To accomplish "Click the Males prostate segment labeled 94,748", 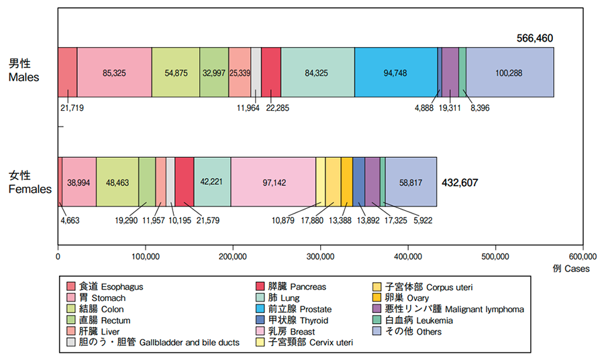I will pos(396,73).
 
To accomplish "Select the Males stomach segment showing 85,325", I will pos(115,73).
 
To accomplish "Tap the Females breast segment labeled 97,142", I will pos(273,181).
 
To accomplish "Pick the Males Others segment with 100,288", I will pos(510,73).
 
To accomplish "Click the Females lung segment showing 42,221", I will pos(212,181).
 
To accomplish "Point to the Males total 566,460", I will pos(534,38).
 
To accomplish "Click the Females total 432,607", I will pos(460,182).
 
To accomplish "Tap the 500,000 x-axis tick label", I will pos(495,256).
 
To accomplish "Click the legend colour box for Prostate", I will pos(261,309).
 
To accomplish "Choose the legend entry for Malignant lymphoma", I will pos(450,309).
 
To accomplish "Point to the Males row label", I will pos(23,71).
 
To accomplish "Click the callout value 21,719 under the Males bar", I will pos(72,107).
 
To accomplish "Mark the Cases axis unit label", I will pos(571,269).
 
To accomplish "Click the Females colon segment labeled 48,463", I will pos(117,181).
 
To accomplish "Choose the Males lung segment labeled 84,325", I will pos(317,73).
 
